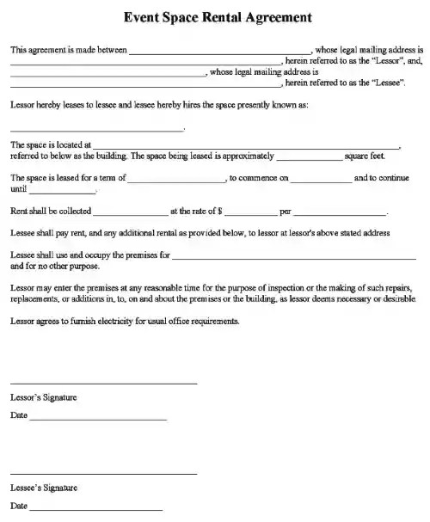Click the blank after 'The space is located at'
[246, 146]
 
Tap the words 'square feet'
[365, 157]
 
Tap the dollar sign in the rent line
[221, 211]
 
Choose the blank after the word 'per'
[340, 213]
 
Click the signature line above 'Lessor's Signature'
[103, 383]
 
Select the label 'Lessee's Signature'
[44, 488]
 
